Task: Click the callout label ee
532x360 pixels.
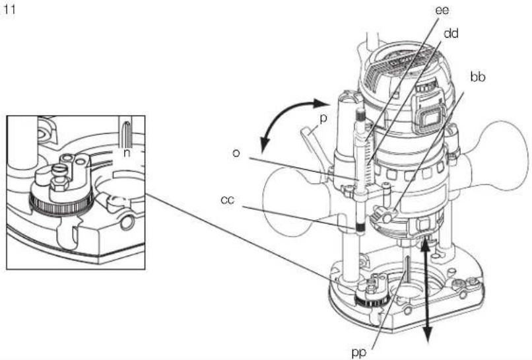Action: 442,10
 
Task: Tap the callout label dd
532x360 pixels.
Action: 451,33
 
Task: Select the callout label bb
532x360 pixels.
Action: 478,77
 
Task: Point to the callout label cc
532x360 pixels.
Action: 227,199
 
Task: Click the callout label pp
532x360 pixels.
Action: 358,353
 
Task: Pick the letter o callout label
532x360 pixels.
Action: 236,153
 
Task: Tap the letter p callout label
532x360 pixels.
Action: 323,118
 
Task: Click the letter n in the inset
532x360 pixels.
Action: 127,153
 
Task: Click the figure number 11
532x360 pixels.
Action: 9,9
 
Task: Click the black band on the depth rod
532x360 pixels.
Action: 360,226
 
